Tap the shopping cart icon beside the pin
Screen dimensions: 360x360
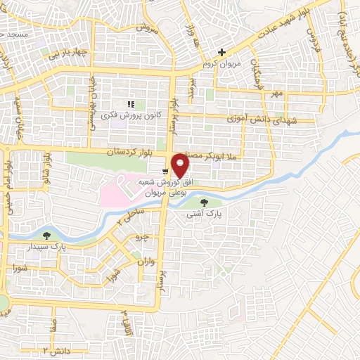pos(165,171)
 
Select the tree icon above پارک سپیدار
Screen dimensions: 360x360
pos(47,236)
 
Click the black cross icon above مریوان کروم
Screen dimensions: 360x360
pos(221,52)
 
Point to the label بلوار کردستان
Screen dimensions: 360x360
pos(110,152)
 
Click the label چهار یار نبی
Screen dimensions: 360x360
pos(67,52)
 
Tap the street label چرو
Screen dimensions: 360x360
pos(142,238)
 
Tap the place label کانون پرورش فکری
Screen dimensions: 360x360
pos(131,115)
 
